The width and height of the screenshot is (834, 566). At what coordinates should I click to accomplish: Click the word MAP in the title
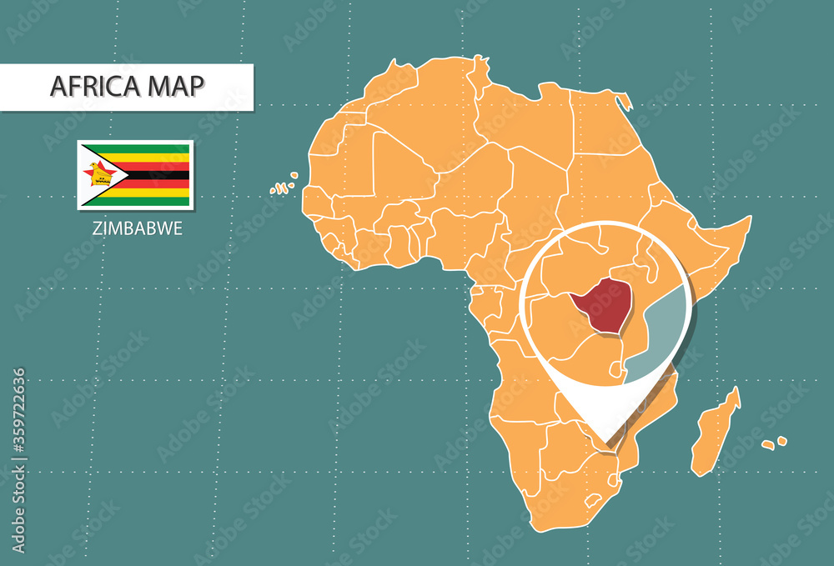point(175,87)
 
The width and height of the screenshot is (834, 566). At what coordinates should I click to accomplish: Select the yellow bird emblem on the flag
point(99,174)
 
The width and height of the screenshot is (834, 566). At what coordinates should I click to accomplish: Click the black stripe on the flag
point(158,174)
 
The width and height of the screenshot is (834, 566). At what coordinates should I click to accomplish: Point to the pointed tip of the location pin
point(608,439)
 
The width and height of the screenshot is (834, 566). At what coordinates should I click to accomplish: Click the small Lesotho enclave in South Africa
point(593,500)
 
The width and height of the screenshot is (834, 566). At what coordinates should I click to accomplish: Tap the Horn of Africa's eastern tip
point(747,219)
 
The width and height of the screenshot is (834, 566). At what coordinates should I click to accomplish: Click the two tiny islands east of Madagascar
point(774,443)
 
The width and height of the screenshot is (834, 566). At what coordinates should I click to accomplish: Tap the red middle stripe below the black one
point(158,183)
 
